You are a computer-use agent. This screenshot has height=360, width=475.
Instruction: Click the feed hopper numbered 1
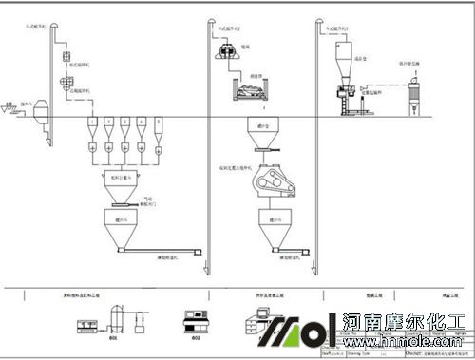pos(90,124)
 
